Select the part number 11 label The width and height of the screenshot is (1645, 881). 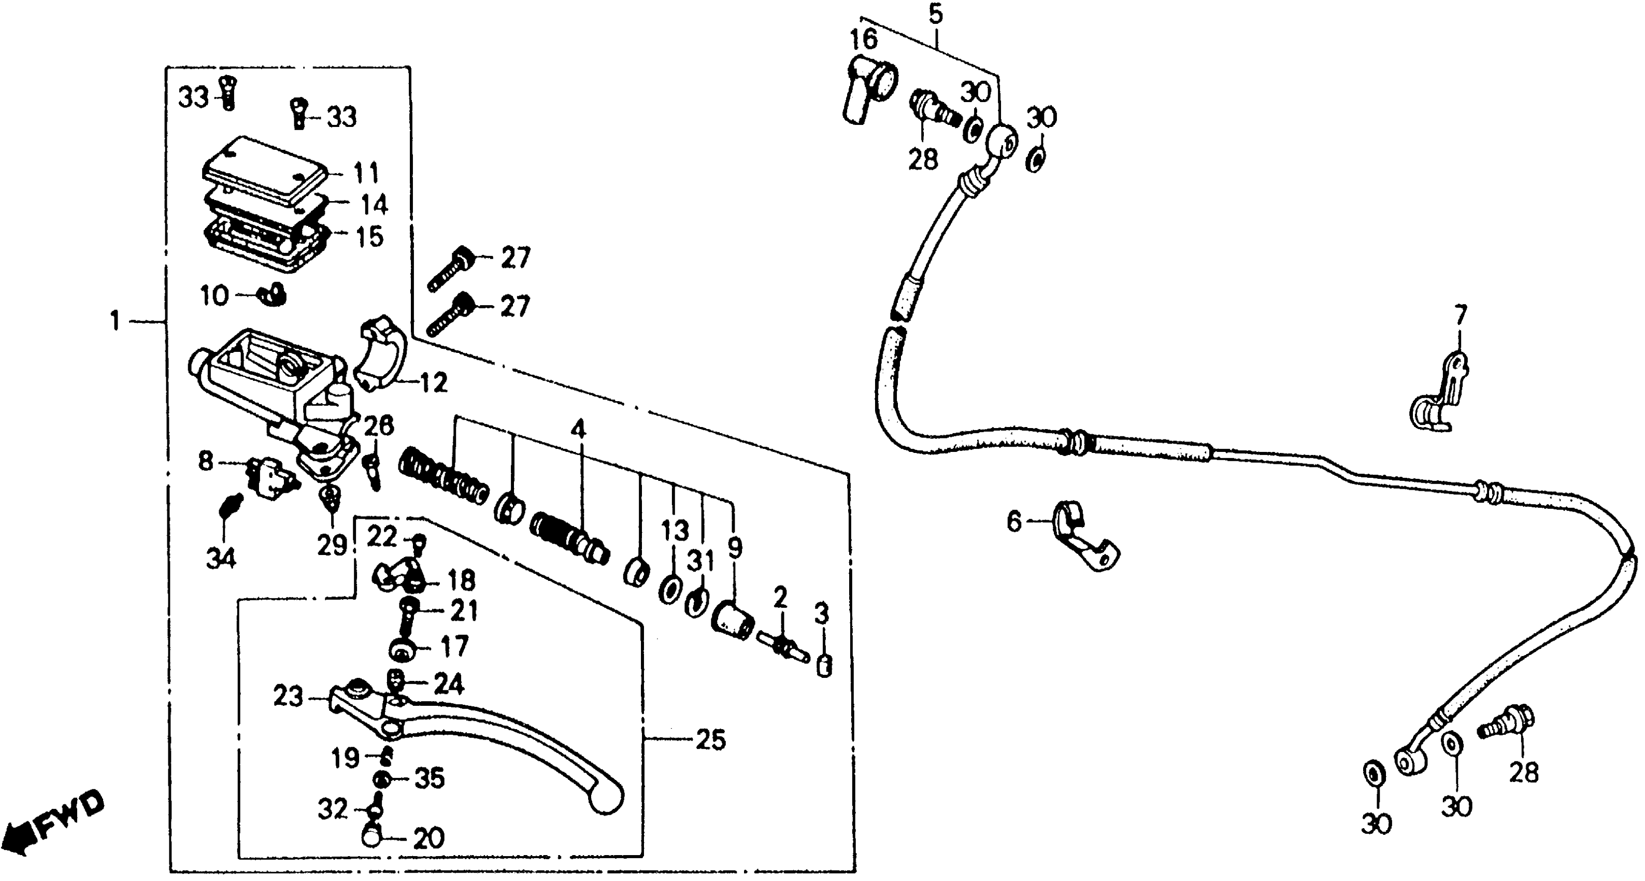(366, 173)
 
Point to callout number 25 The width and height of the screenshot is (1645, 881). (711, 741)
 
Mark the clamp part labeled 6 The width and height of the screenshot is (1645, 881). (1082, 540)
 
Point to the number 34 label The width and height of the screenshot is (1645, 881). (221, 558)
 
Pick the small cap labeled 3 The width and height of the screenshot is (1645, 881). (824, 667)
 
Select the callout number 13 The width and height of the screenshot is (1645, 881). (675, 531)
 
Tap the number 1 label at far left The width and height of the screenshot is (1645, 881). (115, 321)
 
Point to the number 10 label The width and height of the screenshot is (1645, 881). (214, 296)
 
